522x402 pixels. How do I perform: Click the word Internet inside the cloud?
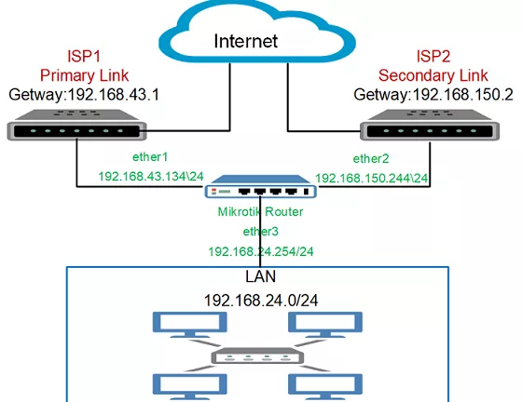click(246, 41)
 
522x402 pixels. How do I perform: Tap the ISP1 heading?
click(84, 56)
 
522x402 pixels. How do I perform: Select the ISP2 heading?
click(433, 56)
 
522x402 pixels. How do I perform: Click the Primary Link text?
click(84, 75)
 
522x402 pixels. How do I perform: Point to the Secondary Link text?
click(433, 75)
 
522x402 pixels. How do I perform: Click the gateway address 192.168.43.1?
click(113, 95)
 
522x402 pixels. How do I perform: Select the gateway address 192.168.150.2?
click(462, 95)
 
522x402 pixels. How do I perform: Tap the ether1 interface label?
click(150, 157)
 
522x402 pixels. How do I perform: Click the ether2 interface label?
click(371, 159)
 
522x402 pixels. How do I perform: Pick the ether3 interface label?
click(260, 231)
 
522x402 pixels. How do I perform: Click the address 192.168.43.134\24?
click(151, 176)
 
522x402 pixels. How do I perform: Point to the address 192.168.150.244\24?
click(372, 178)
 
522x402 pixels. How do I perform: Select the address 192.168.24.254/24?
click(261, 251)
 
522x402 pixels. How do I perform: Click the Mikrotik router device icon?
click(260, 187)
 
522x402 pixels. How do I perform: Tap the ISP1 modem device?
click(76, 125)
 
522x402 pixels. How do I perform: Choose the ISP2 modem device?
click(430, 125)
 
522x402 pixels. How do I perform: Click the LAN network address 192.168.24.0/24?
click(261, 301)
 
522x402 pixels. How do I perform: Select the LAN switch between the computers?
click(257, 355)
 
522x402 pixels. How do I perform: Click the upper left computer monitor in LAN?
click(190, 325)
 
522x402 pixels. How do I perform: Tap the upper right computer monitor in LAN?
click(325, 325)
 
